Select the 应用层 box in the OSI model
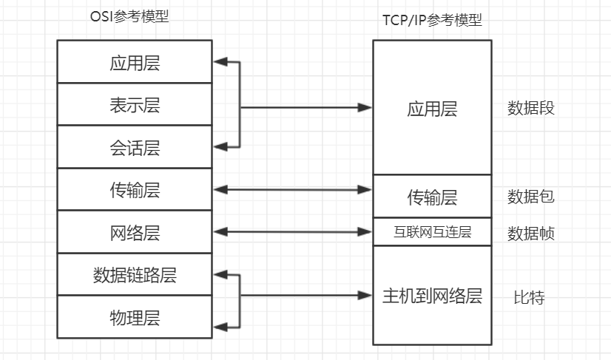click(134, 63)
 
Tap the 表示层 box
click(134, 105)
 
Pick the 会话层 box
click(134, 148)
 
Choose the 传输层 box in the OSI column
click(134, 190)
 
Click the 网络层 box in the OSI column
click(134, 233)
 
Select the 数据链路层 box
click(134, 275)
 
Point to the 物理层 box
click(134, 318)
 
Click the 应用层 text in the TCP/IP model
click(432, 109)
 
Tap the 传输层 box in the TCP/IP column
click(432, 197)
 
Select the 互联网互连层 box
click(432, 232)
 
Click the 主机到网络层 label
click(432, 296)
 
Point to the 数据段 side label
click(530, 109)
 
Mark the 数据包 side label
click(530, 197)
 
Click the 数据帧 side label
click(530, 234)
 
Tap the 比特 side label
click(529, 298)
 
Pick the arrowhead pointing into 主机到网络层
click(365, 296)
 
